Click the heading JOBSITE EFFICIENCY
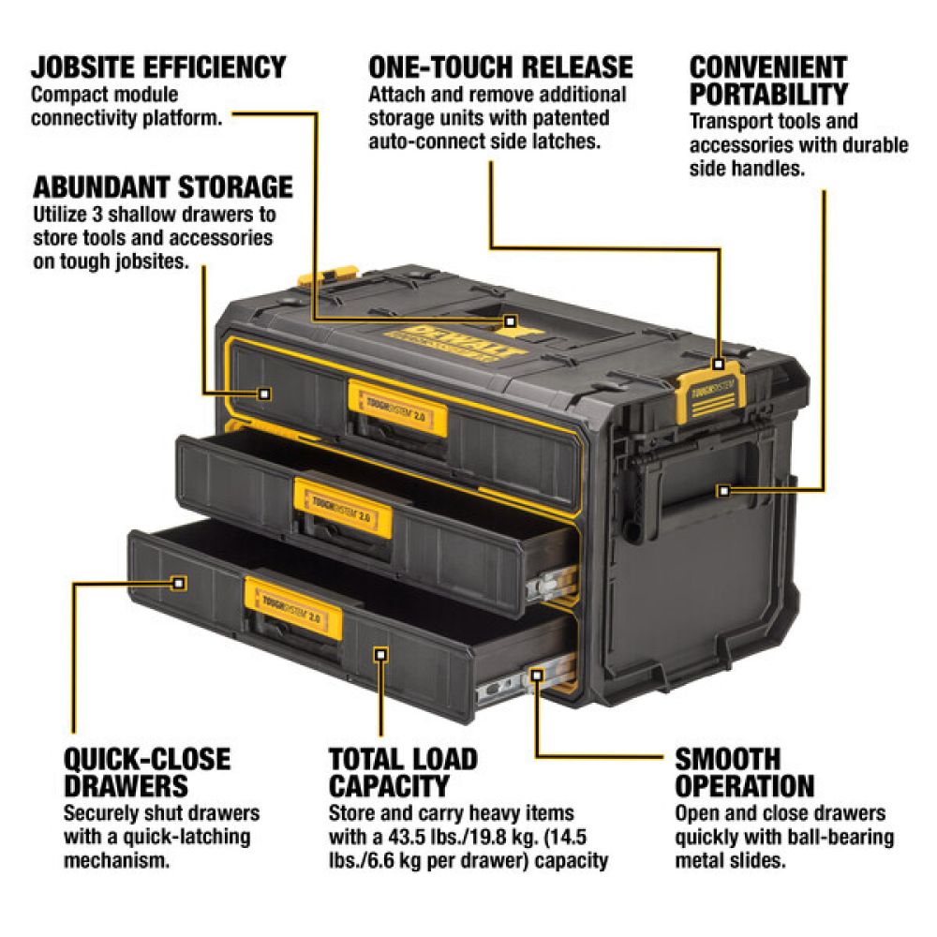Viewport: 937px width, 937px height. click(157, 67)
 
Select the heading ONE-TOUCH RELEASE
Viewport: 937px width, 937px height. click(500, 67)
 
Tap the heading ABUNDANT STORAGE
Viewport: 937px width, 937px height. click(162, 186)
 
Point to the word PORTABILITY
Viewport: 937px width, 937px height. click(768, 95)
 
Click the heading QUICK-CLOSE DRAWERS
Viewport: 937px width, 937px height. click(146, 770)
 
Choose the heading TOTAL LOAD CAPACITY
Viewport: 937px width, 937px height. click(403, 770)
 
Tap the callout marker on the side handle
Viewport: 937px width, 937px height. click(722, 490)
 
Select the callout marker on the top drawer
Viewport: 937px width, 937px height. click(264, 394)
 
